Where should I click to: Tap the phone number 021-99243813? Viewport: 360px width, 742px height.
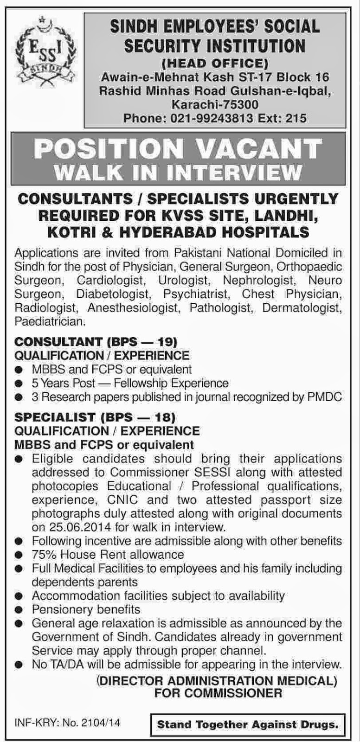pos(208,118)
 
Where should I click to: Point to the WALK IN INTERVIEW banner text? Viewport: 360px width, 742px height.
pos(179,172)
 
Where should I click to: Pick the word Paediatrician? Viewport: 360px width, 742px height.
pos(50,320)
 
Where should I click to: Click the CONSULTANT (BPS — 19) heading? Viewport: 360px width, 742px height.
pos(96,342)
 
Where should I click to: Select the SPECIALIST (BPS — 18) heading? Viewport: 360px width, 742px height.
pos(96,417)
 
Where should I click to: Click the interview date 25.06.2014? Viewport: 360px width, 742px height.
pos(78,527)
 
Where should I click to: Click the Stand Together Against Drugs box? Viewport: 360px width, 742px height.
pos(247,724)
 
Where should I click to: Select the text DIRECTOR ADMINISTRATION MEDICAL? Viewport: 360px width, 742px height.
pos(217,681)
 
